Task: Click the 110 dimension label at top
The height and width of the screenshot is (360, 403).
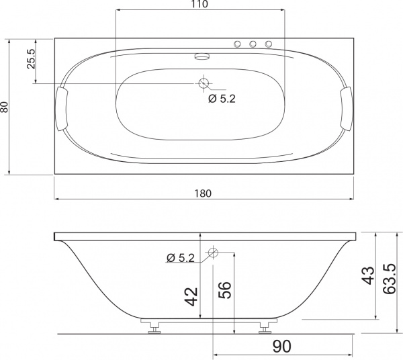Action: point(199,4)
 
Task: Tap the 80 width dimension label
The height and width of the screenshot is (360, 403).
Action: point(5,107)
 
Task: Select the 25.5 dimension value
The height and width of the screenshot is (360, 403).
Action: point(31,59)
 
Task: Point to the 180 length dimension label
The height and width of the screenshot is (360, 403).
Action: point(203,193)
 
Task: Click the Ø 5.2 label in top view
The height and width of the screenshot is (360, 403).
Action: point(222,99)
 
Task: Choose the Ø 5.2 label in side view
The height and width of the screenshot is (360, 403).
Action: point(181,258)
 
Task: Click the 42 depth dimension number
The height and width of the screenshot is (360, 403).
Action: point(191,297)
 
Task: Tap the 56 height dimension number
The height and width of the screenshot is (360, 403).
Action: point(224,290)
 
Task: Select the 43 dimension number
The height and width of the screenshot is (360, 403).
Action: point(368,275)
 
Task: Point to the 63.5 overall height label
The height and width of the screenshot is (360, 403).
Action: point(389,279)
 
